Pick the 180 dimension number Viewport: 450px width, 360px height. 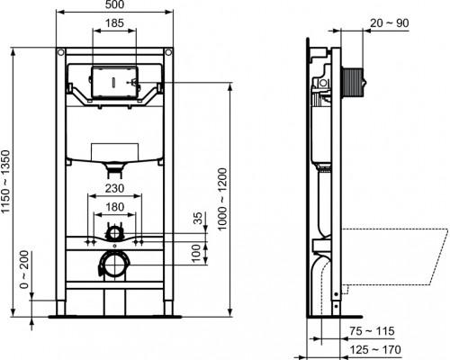click(113, 206)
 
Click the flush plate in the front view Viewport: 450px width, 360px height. click(112, 81)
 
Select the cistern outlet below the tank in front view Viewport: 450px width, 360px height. click(113, 166)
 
